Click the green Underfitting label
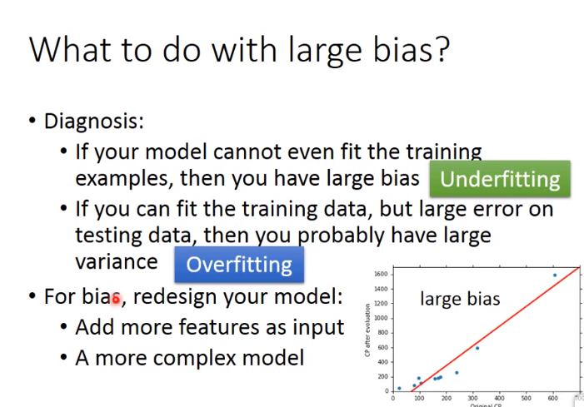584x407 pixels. click(x=500, y=179)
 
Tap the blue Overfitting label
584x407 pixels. click(x=239, y=265)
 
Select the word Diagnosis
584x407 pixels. click(x=94, y=122)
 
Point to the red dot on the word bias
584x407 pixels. click(x=116, y=299)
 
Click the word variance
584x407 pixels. click(x=117, y=262)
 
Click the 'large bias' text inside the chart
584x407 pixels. click(x=460, y=299)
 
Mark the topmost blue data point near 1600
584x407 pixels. click(x=555, y=275)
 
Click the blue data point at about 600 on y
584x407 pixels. click(x=477, y=348)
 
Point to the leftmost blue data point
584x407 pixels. click(x=399, y=388)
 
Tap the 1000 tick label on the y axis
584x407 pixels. click(x=381, y=318)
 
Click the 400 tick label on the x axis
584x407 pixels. click(x=500, y=398)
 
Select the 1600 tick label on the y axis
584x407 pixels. click(x=381, y=274)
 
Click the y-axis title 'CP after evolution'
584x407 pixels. click(x=367, y=330)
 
